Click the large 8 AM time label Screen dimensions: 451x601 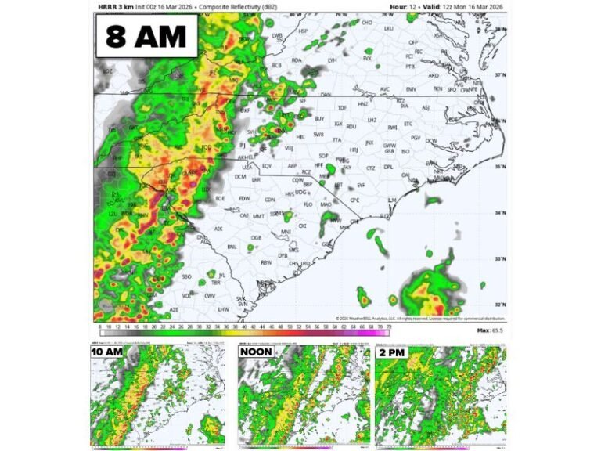coord(146,37)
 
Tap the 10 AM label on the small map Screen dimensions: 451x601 coord(107,352)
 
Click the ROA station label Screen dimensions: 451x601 coord(297,60)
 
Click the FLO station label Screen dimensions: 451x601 coord(308,204)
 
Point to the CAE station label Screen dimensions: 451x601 coord(244,215)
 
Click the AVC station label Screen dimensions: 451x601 coord(384,89)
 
